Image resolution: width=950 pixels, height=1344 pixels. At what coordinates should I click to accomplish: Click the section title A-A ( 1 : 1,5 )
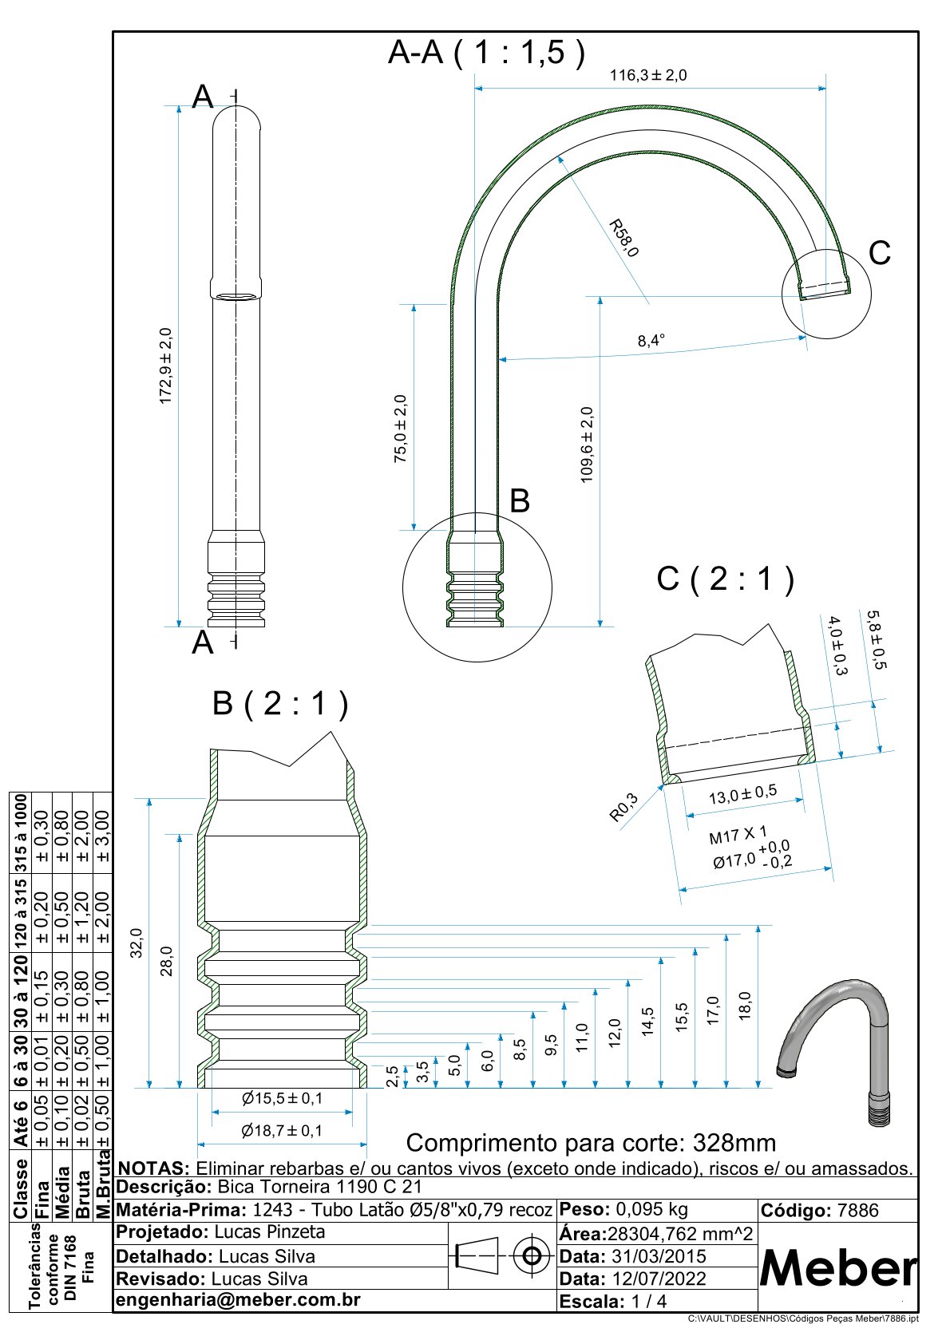[486, 53]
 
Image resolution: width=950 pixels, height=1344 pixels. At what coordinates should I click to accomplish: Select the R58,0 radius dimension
[623, 238]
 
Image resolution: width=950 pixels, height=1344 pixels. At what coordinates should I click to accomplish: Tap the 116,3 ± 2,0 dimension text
[648, 76]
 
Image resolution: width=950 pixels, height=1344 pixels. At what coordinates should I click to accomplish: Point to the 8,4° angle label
[651, 341]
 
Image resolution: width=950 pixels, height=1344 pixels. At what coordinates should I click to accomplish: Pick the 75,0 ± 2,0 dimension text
[401, 429]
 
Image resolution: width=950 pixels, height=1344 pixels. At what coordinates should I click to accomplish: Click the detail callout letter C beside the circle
[879, 253]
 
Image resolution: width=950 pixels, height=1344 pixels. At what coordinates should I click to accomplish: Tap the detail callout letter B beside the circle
[520, 501]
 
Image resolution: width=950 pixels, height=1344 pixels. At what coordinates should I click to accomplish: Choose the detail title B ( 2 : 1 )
[280, 703]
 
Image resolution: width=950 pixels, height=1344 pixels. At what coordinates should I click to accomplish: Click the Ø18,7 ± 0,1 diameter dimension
[283, 1130]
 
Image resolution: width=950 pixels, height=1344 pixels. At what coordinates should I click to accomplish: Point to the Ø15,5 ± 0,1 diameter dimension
[283, 1098]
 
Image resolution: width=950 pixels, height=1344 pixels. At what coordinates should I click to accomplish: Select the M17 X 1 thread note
[738, 836]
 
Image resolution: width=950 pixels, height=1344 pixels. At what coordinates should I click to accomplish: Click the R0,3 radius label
[624, 807]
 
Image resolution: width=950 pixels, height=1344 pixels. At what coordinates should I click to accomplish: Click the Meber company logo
[837, 1268]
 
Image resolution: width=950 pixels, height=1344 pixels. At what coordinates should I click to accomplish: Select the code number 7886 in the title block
[857, 1210]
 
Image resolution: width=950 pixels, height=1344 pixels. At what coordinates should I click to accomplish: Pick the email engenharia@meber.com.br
[239, 1299]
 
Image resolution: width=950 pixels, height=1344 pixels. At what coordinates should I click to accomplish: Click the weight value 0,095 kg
[651, 1209]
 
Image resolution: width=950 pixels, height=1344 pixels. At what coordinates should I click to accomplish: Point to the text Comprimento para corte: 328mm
[591, 1142]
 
